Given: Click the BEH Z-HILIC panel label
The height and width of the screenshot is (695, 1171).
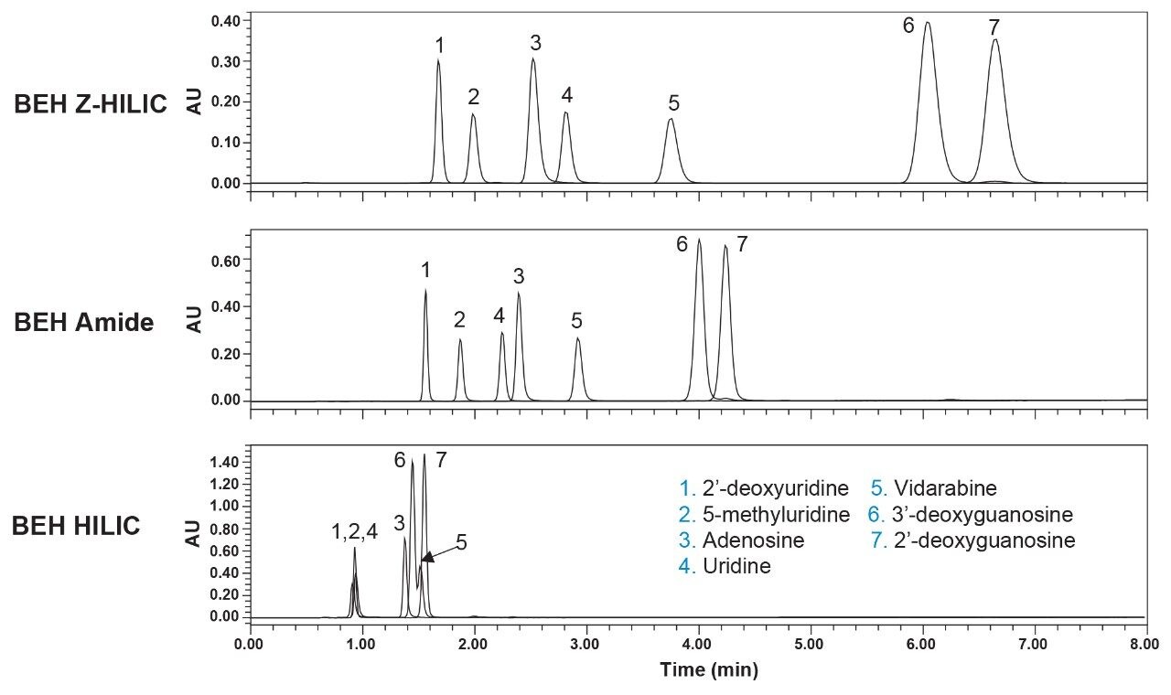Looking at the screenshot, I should coord(90,104).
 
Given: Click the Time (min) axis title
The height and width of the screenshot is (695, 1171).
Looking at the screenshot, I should coord(708,671).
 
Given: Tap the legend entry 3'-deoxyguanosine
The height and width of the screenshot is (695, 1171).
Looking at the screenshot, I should coord(977,513).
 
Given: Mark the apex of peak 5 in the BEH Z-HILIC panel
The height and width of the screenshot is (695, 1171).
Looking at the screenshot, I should coord(671,119).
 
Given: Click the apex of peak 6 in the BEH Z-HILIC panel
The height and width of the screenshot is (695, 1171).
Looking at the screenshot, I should coord(928,23).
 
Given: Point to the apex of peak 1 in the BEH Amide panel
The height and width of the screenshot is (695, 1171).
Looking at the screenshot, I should coord(425,290).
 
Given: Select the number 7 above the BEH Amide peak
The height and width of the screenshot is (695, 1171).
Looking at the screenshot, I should coord(742,244).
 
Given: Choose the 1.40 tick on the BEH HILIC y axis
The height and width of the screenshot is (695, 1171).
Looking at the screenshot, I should coord(225,462).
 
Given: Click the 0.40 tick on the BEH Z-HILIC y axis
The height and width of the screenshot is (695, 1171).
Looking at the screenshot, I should coord(225,20).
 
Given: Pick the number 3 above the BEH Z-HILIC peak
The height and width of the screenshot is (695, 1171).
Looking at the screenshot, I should coord(535,43).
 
